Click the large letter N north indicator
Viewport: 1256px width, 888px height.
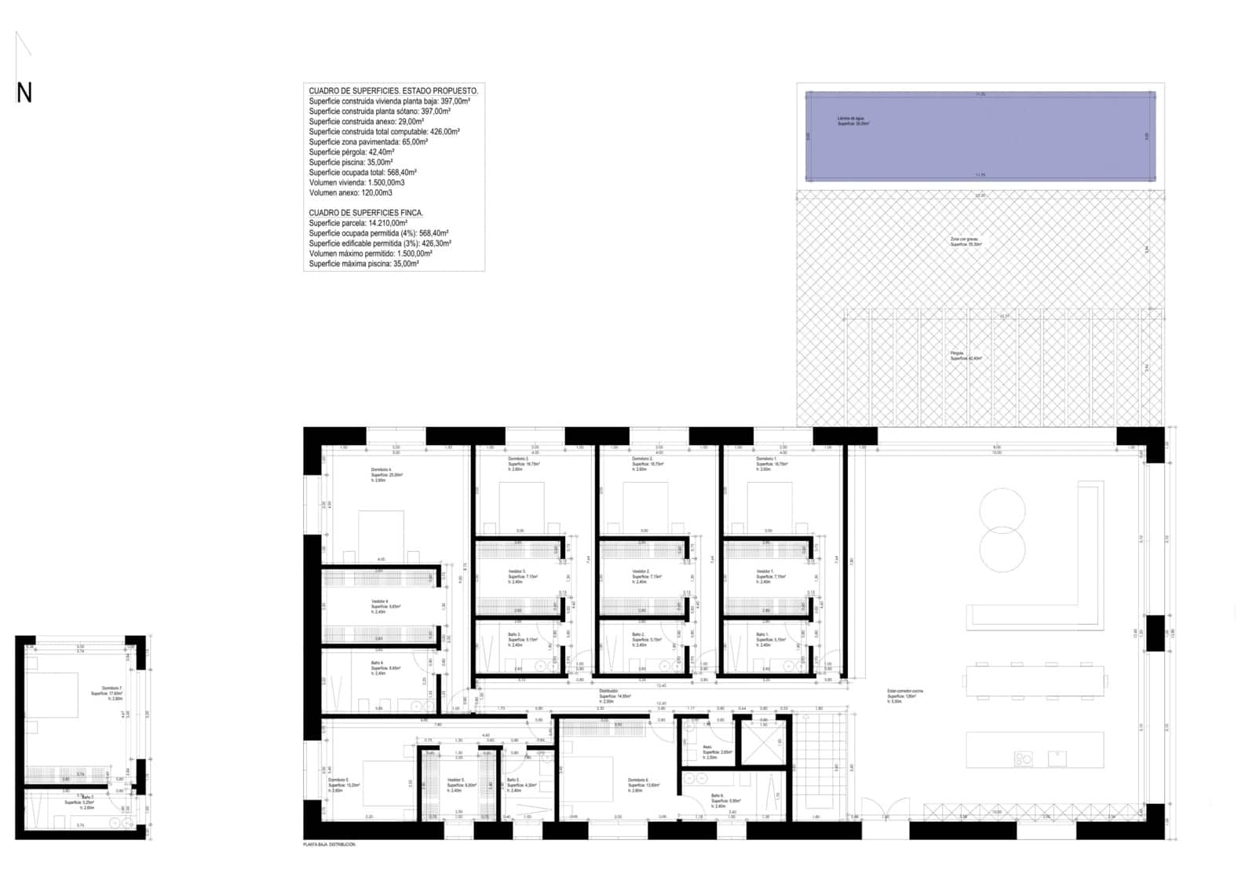[x=24, y=93]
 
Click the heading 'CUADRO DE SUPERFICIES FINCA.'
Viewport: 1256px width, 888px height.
[x=366, y=213]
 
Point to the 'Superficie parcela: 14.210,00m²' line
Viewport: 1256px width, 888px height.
[x=358, y=223]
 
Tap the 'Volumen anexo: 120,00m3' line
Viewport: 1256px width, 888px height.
[x=350, y=192]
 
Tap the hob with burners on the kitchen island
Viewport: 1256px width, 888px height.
[x=1024, y=758]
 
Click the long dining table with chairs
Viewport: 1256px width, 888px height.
[x=1035, y=681]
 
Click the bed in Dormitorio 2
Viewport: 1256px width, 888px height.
[x=644, y=506]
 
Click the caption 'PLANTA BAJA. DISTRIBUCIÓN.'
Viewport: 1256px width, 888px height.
[x=330, y=845]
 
